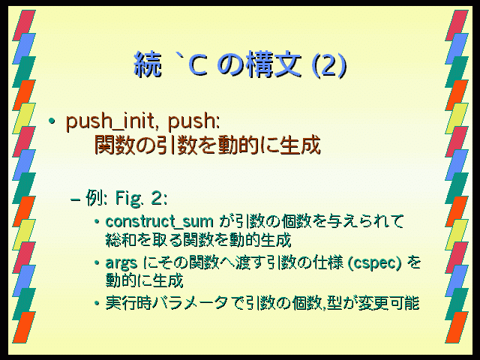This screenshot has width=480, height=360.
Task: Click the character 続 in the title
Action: (x=148, y=64)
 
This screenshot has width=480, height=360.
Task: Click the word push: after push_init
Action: (x=194, y=121)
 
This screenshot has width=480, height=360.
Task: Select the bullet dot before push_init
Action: (x=52, y=121)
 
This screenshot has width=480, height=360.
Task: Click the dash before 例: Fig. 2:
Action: (x=75, y=199)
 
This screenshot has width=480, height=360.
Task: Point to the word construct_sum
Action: (x=159, y=221)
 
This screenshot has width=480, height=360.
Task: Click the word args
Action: (x=121, y=263)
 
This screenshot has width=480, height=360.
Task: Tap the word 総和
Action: (x=121, y=240)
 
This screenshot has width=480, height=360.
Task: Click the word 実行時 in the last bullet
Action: (x=128, y=303)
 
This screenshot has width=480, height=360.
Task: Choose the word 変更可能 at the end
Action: (x=388, y=303)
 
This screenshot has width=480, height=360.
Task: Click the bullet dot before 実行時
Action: (x=97, y=303)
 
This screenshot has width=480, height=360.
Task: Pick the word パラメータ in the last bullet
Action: (x=190, y=303)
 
